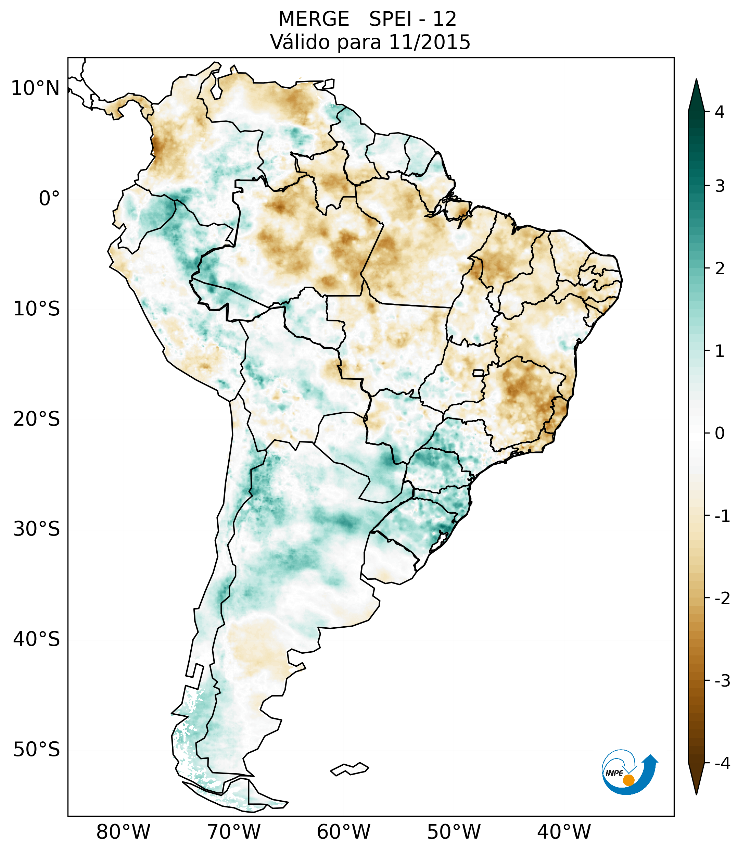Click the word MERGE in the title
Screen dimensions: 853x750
[x=314, y=19]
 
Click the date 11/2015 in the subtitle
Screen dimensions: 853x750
[x=429, y=42]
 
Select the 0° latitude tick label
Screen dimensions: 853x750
[x=49, y=198]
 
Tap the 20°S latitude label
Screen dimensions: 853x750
[x=37, y=418]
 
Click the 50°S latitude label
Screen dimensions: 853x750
[x=37, y=750]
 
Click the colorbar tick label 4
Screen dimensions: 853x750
[x=720, y=112]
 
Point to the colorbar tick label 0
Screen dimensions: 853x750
[x=720, y=434]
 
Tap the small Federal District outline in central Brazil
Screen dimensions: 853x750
[x=479, y=373]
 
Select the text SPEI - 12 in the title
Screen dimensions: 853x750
[x=412, y=19]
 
